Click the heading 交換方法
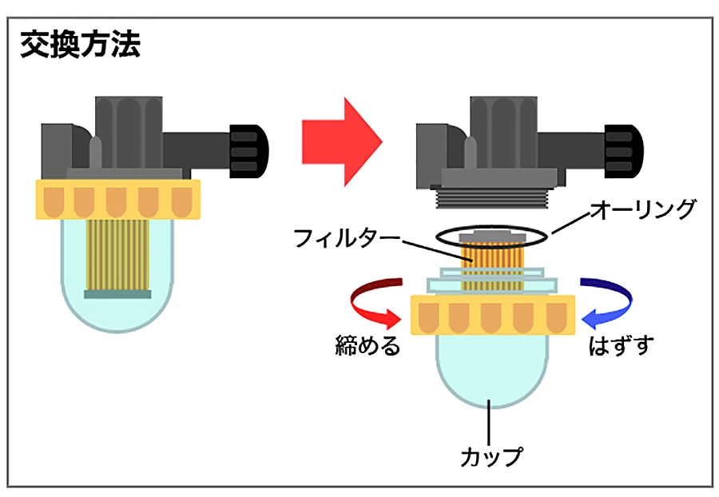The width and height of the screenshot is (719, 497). (80, 45)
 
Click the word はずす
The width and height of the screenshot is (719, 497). (621, 346)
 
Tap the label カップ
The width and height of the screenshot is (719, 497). (491, 457)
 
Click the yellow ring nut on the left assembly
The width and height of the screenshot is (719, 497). (118, 199)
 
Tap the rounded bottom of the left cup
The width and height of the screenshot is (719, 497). (118, 312)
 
